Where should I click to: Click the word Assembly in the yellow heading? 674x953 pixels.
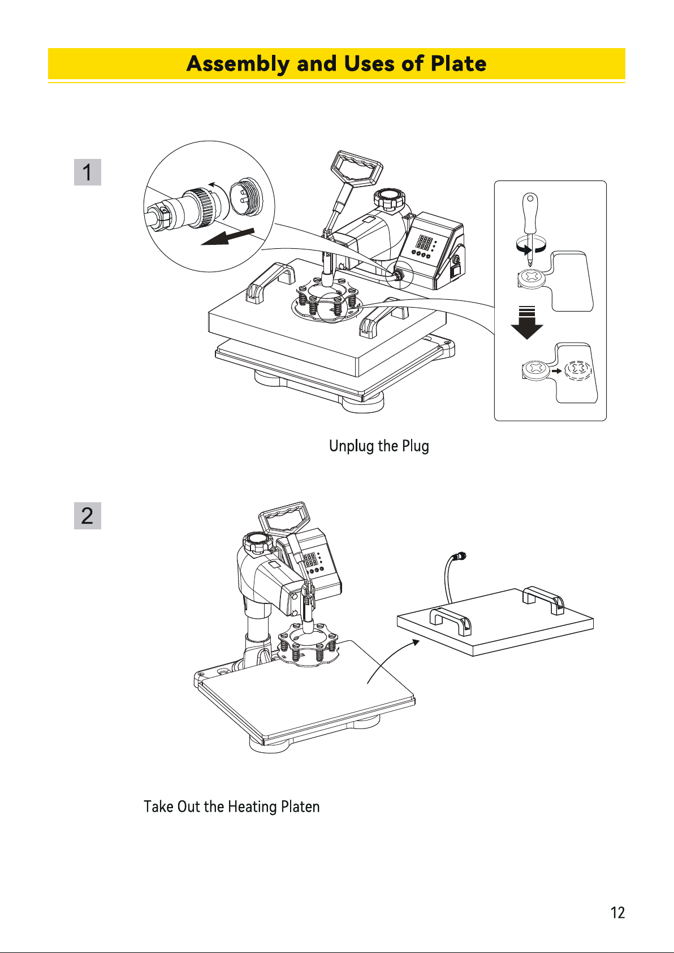point(237,64)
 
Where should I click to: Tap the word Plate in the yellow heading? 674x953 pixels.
point(459,63)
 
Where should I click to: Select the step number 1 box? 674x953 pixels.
point(88,173)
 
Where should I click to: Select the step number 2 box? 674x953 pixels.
point(88,516)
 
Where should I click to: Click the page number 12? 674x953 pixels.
point(617,913)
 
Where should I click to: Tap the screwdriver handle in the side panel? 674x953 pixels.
point(530,213)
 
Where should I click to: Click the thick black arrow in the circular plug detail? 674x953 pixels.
point(227,236)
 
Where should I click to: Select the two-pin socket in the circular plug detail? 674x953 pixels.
point(246,197)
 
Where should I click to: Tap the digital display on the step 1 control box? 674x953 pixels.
point(424,243)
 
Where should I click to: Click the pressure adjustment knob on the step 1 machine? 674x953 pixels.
point(389,199)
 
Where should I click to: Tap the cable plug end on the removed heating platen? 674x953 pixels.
point(460,555)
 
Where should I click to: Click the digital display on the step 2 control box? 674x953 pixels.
point(310,559)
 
